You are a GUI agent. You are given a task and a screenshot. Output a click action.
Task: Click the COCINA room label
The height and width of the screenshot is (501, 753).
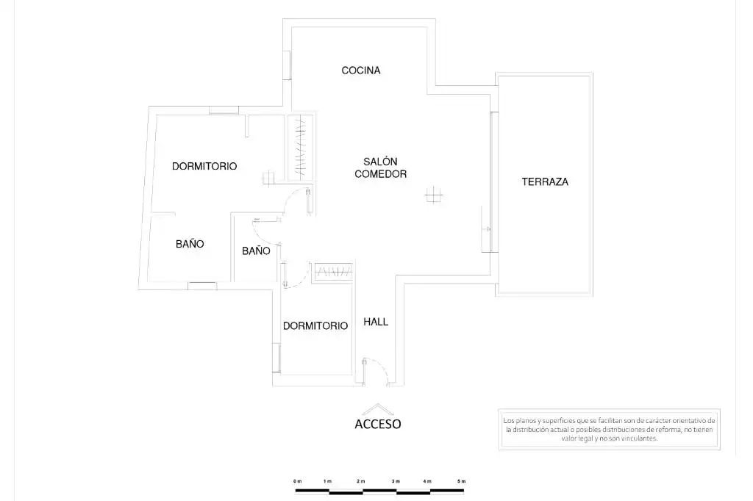(360, 71)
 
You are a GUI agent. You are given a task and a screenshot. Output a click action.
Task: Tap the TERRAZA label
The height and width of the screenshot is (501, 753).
(545, 182)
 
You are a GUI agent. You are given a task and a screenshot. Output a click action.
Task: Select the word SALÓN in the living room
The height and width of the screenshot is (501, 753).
(380, 162)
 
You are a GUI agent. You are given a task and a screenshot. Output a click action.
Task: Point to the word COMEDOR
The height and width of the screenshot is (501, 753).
(380, 173)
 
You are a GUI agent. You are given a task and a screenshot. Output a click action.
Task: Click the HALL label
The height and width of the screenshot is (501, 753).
(376, 322)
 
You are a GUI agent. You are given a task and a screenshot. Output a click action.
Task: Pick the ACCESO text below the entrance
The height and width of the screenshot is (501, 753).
(377, 424)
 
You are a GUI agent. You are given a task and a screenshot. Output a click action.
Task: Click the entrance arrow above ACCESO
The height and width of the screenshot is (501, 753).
(377, 408)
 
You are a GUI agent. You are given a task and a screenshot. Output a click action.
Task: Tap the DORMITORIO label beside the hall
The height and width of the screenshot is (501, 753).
(315, 326)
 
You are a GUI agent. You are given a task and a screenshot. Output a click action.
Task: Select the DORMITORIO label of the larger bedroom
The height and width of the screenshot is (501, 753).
(204, 166)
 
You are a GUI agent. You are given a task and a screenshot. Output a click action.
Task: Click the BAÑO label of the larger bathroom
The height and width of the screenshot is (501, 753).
(190, 244)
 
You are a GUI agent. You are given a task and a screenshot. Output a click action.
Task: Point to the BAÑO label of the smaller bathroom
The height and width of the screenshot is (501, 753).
(256, 250)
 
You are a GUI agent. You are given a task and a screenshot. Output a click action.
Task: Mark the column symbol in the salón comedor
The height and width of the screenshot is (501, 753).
(434, 195)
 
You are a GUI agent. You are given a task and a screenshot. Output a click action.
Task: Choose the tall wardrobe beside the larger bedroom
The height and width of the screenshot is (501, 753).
(301, 148)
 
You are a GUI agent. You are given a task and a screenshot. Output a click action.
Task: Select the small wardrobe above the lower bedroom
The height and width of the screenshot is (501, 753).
(334, 272)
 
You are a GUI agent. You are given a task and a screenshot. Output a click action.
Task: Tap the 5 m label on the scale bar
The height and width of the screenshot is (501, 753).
(462, 481)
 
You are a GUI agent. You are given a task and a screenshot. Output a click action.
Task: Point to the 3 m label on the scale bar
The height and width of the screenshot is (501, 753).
(396, 481)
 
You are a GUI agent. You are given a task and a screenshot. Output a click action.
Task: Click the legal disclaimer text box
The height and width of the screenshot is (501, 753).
(609, 430)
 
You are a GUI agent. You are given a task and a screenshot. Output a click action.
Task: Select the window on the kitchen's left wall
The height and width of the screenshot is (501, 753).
(288, 65)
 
